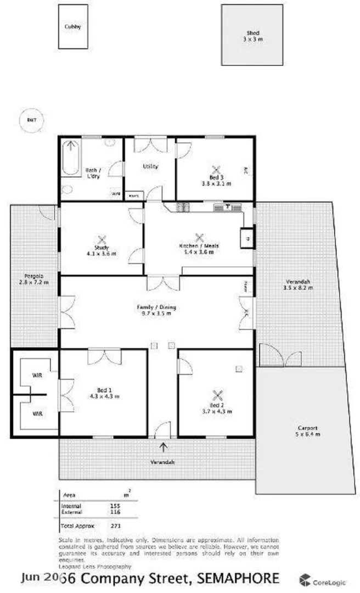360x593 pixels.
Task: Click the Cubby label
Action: point(72,26)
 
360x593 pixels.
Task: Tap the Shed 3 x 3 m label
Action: point(252,36)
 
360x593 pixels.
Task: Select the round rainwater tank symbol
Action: point(31,121)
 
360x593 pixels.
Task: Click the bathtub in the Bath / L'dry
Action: point(70,158)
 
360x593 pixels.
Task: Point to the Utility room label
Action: point(150,166)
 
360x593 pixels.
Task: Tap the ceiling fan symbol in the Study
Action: point(101,239)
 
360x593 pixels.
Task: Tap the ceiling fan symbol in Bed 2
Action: point(218,395)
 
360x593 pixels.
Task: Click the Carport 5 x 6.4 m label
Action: point(308,430)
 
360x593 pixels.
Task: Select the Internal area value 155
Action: point(115,506)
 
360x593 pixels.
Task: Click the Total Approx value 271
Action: point(115,525)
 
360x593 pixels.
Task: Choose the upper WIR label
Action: point(37,376)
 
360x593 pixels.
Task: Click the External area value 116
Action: point(115,512)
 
